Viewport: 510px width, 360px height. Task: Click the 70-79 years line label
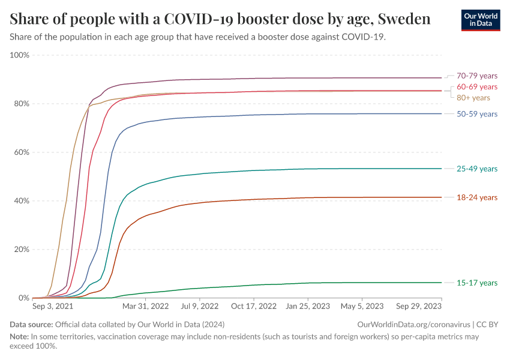(x=477, y=76)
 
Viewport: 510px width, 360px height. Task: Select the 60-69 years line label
(x=477, y=87)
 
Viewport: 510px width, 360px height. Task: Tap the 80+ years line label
(x=473, y=98)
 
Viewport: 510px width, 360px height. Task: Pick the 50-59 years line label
(x=477, y=113)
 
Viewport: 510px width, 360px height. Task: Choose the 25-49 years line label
(x=477, y=169)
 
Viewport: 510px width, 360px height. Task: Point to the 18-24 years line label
(x=477, y=197)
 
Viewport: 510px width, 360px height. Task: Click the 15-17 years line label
(x=477, y=283)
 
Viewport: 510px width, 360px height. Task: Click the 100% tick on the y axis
(x=19, y=55)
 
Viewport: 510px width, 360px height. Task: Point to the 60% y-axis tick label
(x=21, y=152)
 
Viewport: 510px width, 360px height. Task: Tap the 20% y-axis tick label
(x=21, y=250)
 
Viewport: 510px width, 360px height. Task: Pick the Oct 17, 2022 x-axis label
(x=254, y=306)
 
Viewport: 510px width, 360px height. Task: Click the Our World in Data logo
(x=480, y=20)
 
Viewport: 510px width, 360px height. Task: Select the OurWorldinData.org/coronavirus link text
(x=413, y=325)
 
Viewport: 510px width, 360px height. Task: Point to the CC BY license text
(x=488, y=325)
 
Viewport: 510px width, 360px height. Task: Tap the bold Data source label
(x=31, y=325)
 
